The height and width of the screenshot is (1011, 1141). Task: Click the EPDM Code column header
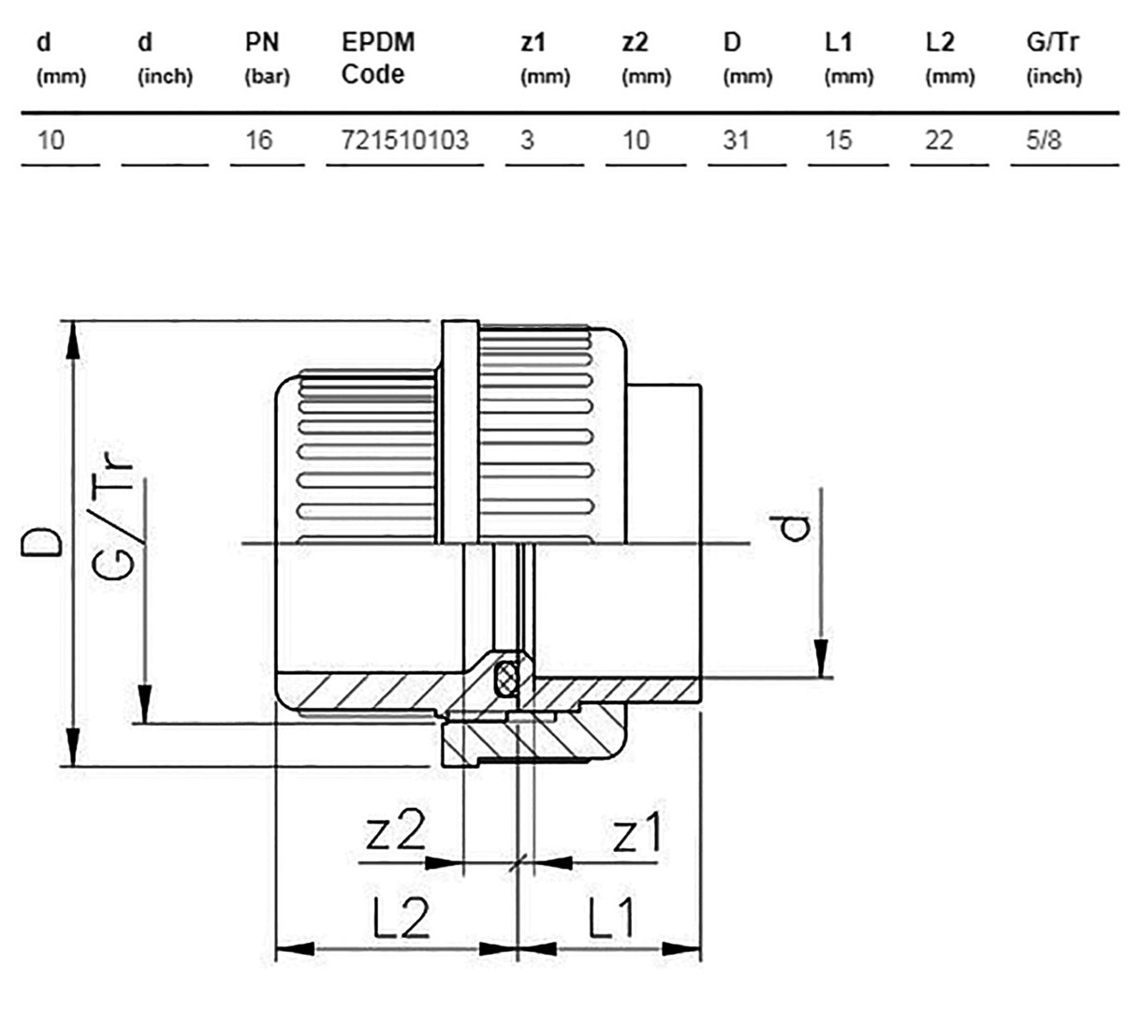click(x=378, y=58)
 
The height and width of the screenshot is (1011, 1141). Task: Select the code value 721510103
click(x=405, y=139)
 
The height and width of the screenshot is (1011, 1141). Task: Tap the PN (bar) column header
click(x=267, y=59)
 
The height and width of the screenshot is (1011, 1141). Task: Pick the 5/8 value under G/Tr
click(x=1044, y=139)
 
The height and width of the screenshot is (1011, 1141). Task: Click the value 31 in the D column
click(x=736, y=139)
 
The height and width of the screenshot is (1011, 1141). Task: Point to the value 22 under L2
click(x=939, y=139)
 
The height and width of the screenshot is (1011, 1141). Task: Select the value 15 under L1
click(x=838, y=139)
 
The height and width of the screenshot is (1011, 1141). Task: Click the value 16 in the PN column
click(x=259, y=139)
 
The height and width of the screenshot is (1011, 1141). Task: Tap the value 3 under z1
click(x=527, y=139)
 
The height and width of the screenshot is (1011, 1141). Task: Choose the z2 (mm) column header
click(x=646, y=59)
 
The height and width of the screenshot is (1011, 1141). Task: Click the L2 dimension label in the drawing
click(x=402, y=917)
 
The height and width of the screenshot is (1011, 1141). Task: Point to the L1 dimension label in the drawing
click(x=611, y=917)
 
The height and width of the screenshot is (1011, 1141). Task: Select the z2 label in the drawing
click(x=395, y=831)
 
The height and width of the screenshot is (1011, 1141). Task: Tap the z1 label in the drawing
click(x=636, y=831)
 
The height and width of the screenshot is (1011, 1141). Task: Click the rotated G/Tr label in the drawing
click(x=112, y=517)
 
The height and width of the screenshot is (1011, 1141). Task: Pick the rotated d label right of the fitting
click(x=792, y=528)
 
